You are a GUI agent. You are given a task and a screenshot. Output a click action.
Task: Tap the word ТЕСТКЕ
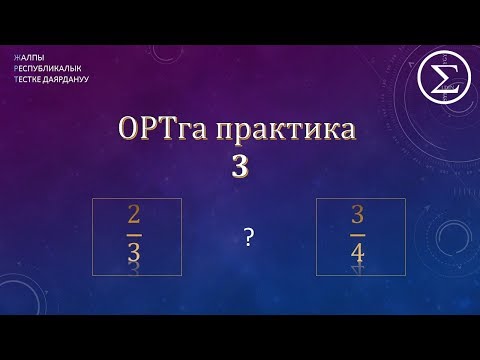[x=27, y=79]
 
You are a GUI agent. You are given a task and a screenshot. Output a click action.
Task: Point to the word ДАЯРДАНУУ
[x=65, y=79]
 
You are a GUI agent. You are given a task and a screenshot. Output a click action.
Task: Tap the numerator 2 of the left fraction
[x=135, y=218]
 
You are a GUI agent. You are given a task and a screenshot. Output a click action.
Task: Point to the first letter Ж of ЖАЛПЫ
[x=17, y=57]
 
